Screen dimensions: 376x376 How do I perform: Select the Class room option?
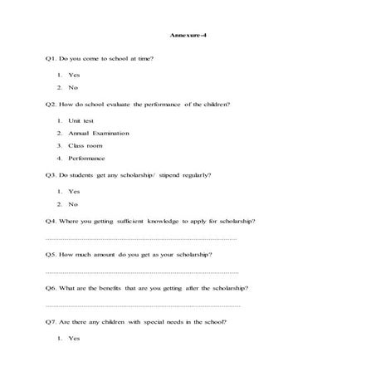(85, 145)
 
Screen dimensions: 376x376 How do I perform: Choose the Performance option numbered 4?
(87, 158)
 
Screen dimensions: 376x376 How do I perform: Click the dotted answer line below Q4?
(141, 238)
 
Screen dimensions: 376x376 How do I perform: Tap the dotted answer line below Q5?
(141, 272)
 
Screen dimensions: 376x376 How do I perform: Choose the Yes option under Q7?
(74, 339)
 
